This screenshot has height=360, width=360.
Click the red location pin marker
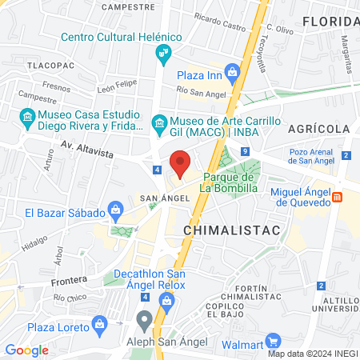pos(181,164)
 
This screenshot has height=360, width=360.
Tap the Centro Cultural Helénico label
pos(121,38)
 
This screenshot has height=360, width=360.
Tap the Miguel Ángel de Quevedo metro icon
pos(338,196)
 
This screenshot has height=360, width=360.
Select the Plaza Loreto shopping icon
pos(99,324)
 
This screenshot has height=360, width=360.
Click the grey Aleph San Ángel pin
pos(144,321)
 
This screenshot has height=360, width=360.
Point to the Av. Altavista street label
pos(88,146)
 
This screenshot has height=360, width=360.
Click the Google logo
pos(26,350)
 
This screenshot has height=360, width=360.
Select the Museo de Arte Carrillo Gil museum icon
pos(158,123)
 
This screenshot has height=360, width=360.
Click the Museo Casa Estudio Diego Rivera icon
pos(28,120)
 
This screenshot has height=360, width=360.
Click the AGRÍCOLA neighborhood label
pos(320,129)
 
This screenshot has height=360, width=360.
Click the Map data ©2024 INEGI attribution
pos(313,354)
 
